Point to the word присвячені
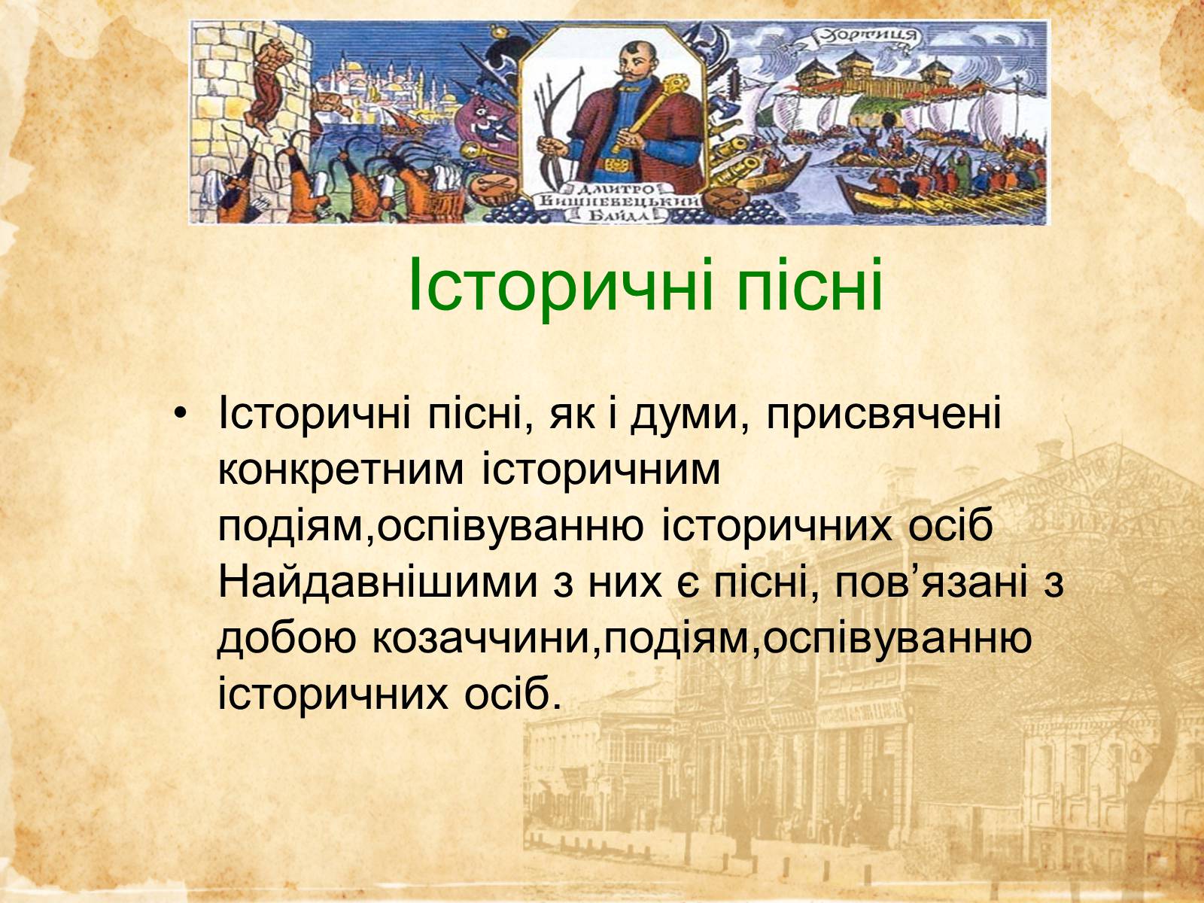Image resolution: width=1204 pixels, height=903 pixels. (883, 415)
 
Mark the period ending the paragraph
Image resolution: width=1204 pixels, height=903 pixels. (557, 704)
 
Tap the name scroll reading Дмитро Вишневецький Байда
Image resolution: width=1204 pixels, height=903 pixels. (619, 203)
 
